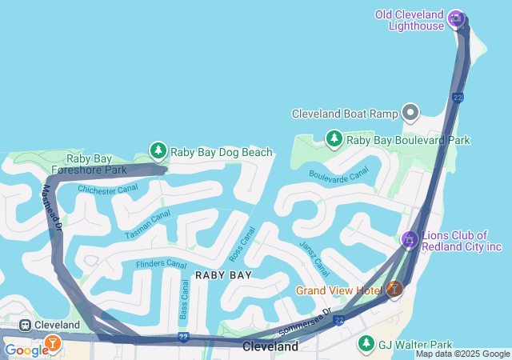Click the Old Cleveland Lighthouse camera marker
tap(456, 18)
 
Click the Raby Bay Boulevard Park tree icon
tap(334, 139)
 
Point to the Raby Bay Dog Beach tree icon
tap(158, 150)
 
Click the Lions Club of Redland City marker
tap(410, 240)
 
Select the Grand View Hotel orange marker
tap(394, 290)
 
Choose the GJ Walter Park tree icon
tap(366, 344)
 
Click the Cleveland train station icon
tap(26, 326)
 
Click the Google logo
tap(26, 350)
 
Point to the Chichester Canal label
tap(107, 190)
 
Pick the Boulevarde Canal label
tap(339, 174)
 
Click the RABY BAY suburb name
tap(223, 275)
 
